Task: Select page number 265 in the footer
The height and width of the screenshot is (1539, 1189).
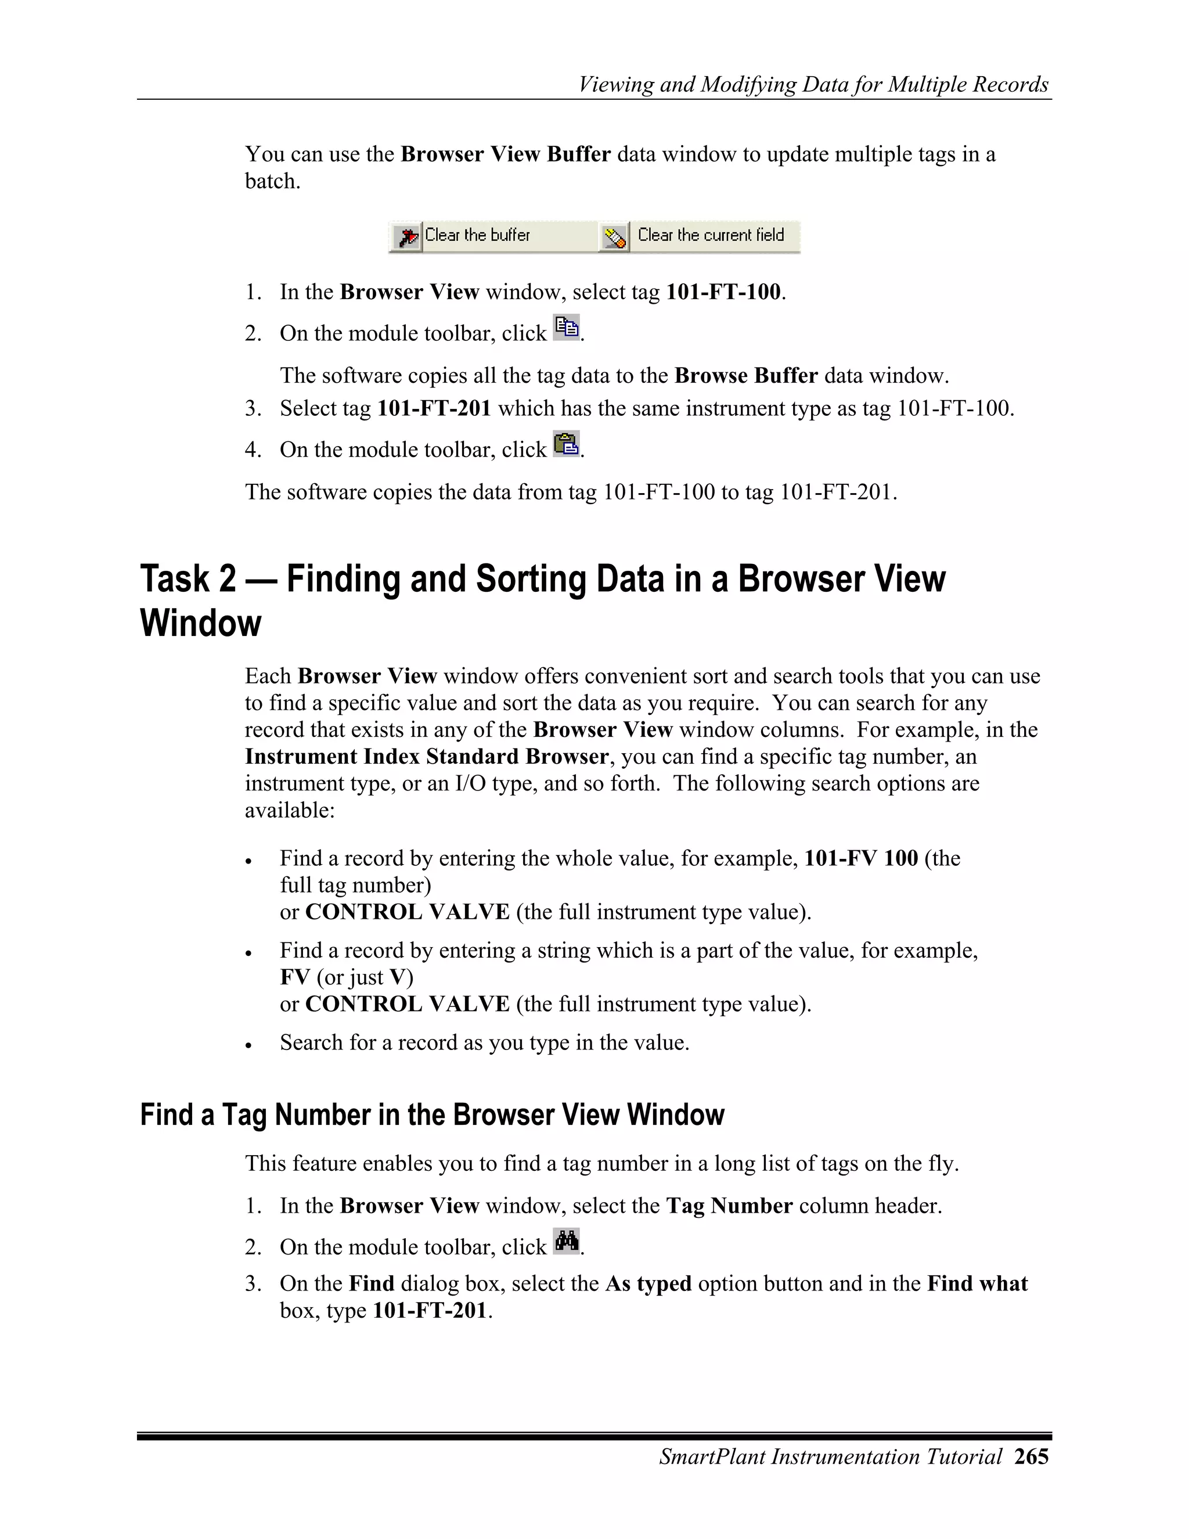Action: coord(1031,1456)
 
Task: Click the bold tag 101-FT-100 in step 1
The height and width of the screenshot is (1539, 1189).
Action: coord(723,292)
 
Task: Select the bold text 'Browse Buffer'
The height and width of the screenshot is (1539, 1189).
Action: coord(746,376)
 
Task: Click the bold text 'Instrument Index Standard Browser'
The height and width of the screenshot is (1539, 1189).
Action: coord(427,756)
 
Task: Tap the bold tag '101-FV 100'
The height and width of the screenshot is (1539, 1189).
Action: coord(861,858)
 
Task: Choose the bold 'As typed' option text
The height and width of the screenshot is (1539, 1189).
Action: coord(648,1283)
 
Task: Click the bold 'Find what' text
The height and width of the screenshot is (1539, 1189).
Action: coord(977,1283)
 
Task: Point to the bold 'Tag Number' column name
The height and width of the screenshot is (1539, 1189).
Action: coord(729,1206)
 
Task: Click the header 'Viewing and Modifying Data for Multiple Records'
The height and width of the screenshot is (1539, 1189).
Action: coord(813,85)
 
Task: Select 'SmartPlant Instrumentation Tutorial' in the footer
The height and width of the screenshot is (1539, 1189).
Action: coord(830,1456)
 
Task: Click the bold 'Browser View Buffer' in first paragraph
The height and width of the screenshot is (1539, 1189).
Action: coord(505,154)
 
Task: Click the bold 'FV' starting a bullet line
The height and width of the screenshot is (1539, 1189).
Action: coord(294,977)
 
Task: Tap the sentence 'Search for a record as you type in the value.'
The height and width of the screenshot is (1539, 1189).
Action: coord(484,1042)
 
